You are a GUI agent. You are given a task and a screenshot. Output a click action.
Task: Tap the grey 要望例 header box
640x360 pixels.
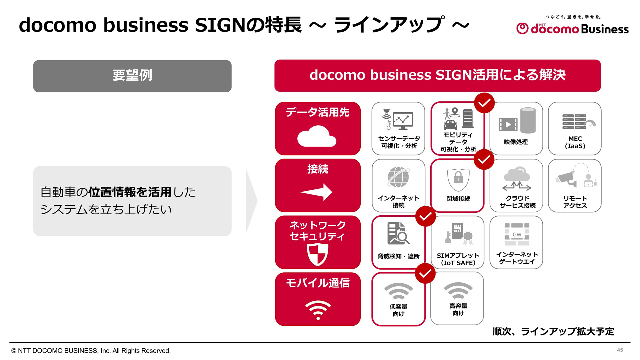[x=132, y=76]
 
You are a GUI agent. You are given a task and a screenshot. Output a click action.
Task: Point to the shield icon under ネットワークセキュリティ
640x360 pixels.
[x=318, y=254]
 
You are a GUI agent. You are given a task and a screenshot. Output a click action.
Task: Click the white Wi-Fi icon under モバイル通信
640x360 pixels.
[x=318, y=310]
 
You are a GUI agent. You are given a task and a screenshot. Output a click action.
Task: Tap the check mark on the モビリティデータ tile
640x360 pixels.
[x=484, y=103]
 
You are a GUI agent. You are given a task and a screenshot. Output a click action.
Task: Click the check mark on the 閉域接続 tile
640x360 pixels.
[x=484, y=160]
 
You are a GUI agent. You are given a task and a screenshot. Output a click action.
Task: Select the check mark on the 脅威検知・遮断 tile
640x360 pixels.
[x=426, y=217]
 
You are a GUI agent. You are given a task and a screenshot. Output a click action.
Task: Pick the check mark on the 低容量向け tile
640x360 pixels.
[x=425, y=273]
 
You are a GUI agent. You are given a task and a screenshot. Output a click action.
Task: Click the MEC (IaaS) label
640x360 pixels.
[x=575, y=142]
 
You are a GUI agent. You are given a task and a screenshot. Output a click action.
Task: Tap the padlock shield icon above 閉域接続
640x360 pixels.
[x=458, y=180]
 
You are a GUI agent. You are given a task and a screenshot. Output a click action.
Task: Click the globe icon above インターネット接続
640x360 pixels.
[x=398, y=177]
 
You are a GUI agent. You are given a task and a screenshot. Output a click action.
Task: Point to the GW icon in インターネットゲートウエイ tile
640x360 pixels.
[x=517, y=234]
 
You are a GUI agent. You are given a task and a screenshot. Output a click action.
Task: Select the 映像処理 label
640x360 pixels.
[x=516, y=142]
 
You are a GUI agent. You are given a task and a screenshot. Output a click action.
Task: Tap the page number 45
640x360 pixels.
[x=620, y=350]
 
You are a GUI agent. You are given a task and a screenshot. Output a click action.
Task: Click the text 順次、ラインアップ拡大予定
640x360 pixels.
[x=553, y=331]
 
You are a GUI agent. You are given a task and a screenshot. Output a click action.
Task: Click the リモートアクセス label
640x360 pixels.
[x=575, y=202]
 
